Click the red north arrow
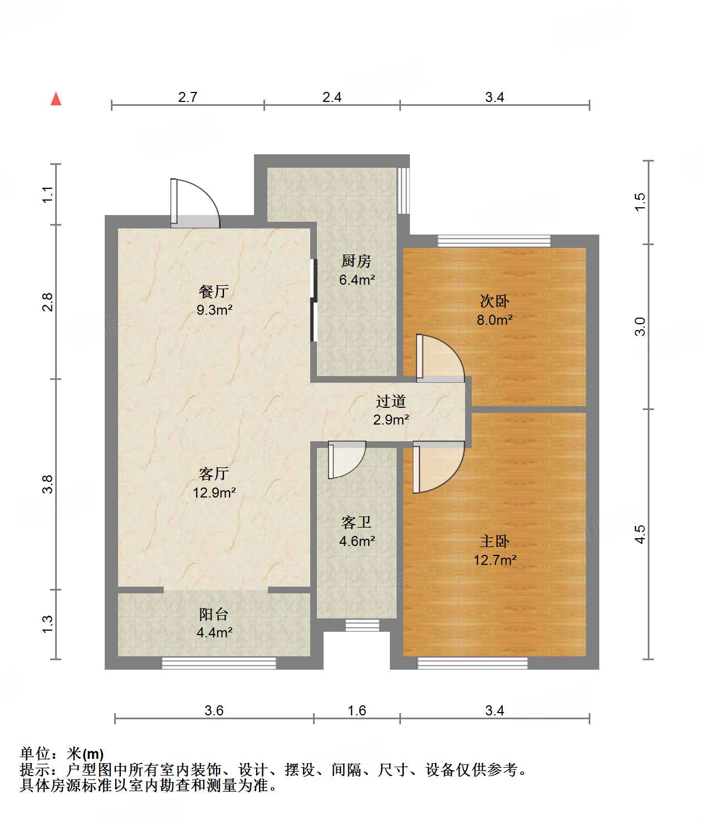[x=56, y=99]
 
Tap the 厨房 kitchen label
[x=356, y=261]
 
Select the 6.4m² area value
[x=357, y=280]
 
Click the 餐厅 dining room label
[x=214, y=291]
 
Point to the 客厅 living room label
[x=214, y=473]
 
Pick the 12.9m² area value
[x=214, y=493]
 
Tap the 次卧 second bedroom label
[x=495, y=301]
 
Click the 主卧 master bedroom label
[x=495, y=541]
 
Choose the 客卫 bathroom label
[x=356, y=522]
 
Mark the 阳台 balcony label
[x=214, y=615]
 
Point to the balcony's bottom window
[x=218, y=663]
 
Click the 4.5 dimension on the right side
[x=640, y=534]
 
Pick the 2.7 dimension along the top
[x=187, y=97]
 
